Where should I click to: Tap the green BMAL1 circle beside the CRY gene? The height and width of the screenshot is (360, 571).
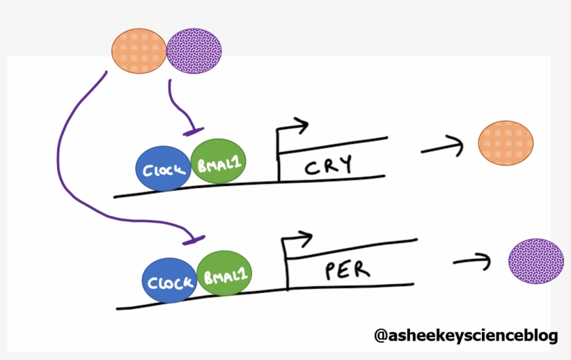tap(217, 161)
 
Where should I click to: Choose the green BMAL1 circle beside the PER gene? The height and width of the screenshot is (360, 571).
tap(224, 274)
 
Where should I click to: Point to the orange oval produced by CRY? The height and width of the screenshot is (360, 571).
tap(506, 142)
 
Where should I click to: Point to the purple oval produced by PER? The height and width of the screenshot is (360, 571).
tap(535, 260)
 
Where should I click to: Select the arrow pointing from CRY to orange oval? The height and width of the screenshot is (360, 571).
tap(441, 146)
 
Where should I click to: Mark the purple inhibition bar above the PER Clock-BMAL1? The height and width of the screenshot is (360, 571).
tap(192, 240)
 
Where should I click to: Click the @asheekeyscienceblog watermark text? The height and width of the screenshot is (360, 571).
tap(466, 336)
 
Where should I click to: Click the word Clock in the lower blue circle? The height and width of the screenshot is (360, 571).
tap(169, 283)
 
